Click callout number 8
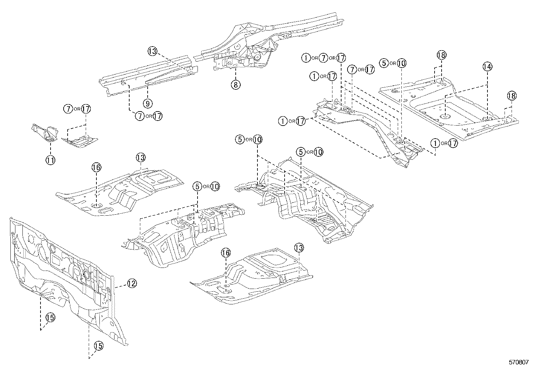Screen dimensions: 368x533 point(235,85)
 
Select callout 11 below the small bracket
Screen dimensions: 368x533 point(50,160)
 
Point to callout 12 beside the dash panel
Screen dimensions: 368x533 point(132,284)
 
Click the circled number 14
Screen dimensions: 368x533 point(487,67)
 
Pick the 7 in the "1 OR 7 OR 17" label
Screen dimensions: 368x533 point(323,58)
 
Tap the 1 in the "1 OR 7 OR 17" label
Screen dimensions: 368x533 point(306,58)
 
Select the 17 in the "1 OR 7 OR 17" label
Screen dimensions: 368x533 point(340,58)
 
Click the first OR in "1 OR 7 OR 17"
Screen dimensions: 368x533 point(314,58)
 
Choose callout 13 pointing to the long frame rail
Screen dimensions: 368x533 point(152,51)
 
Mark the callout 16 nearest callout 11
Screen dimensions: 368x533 point(96,167)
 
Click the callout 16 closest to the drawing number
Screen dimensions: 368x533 point(226,253)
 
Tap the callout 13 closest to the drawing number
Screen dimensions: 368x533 point(299,248)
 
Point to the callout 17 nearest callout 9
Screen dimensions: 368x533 point(157,116)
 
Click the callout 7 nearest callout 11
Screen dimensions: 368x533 point(68,109)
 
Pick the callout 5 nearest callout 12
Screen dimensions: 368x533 point(198,186)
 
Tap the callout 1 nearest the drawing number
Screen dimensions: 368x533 point(435,143)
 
